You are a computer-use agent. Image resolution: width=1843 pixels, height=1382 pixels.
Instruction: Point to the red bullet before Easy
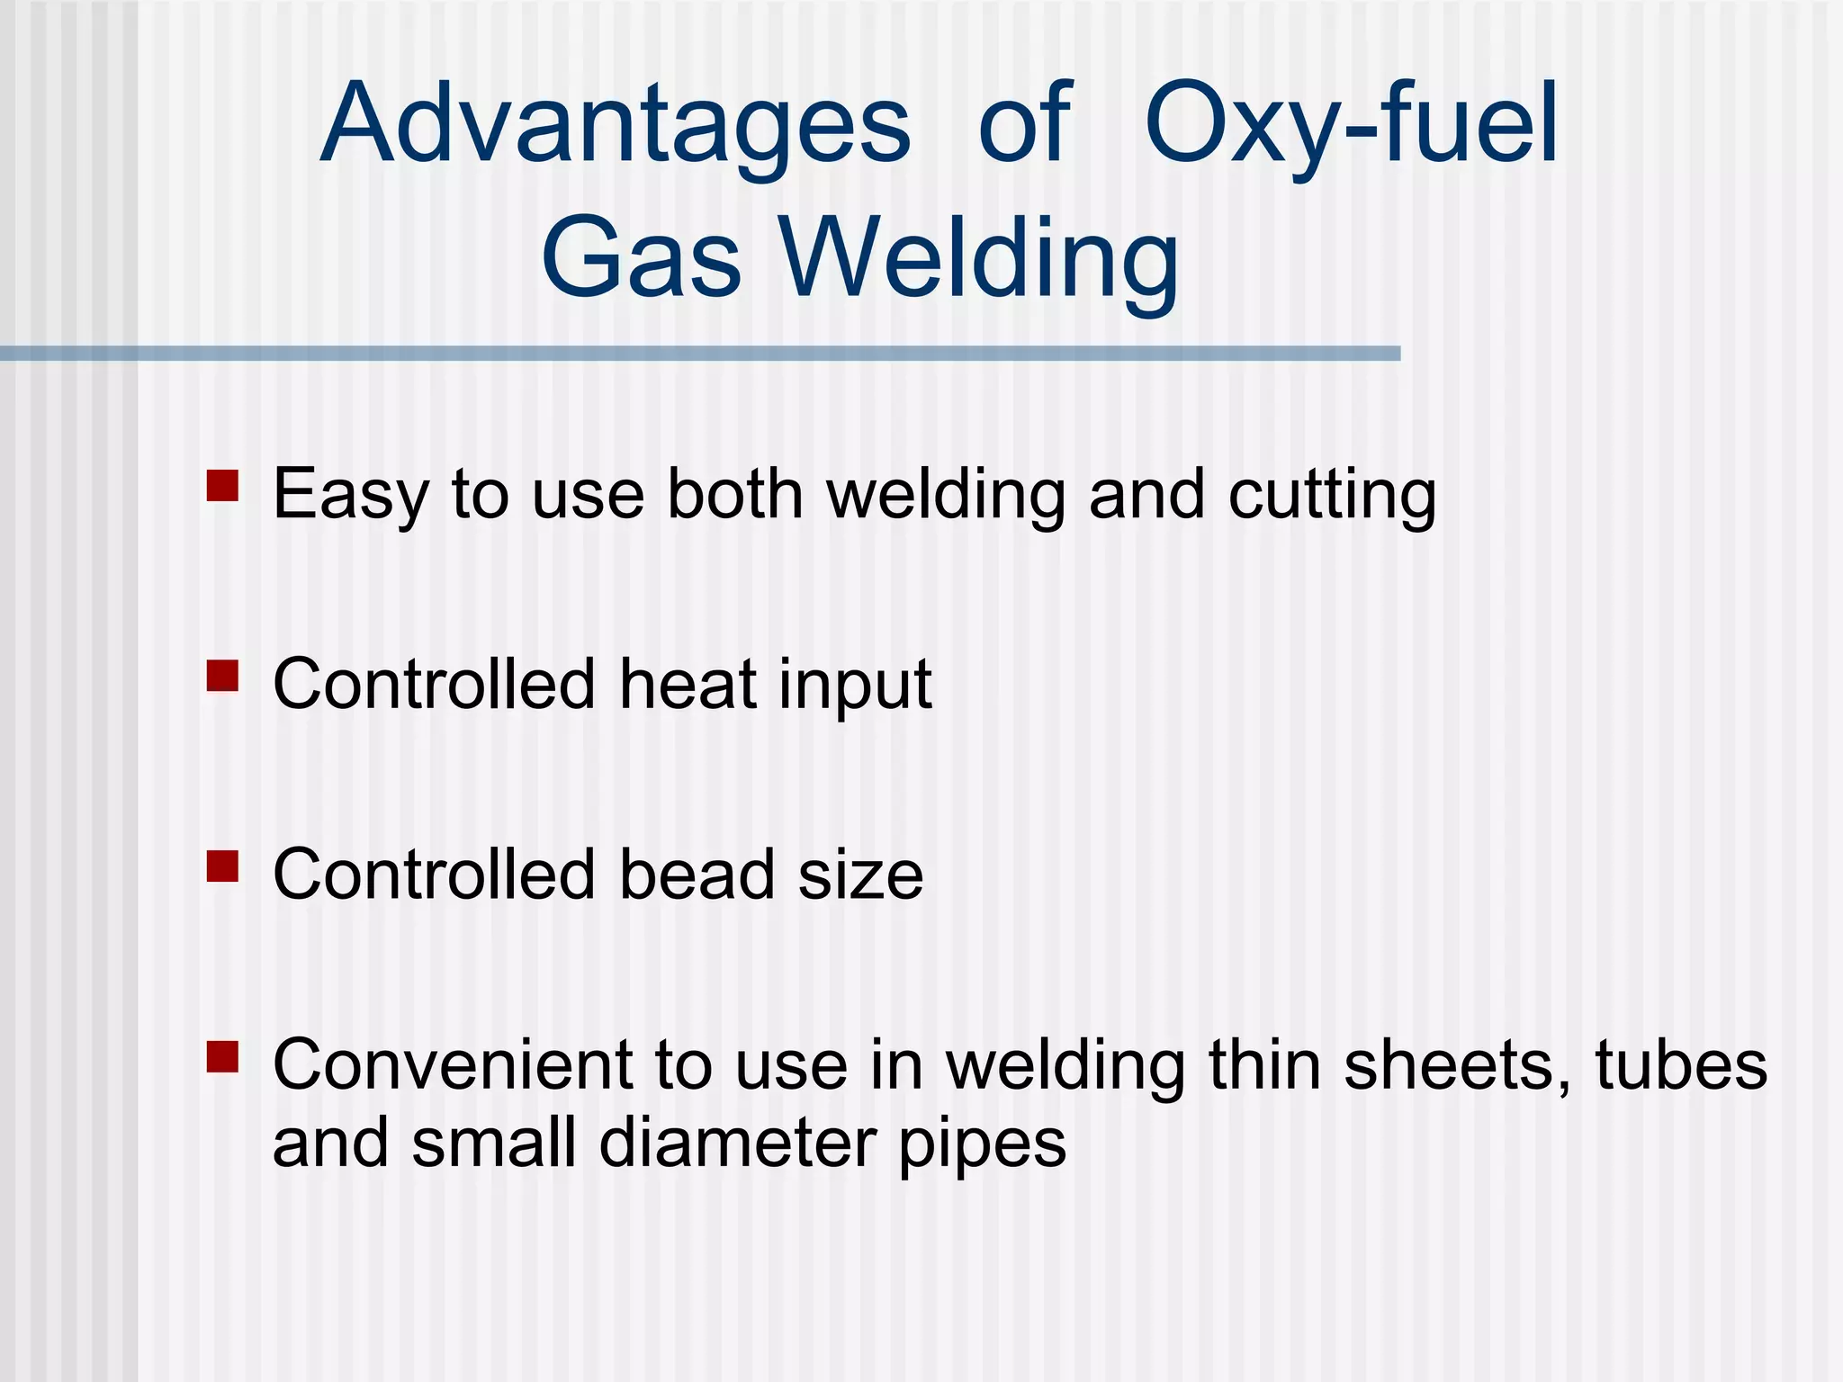pos(222,486)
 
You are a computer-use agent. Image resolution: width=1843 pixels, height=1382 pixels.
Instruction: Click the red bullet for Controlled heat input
pos(222,676)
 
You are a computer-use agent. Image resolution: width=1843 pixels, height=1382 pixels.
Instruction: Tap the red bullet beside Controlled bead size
pos(222,866)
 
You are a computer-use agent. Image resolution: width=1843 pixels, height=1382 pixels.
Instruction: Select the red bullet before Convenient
pos(222,1057)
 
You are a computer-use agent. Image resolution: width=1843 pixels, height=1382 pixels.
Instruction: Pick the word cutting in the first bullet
pos(1332,495)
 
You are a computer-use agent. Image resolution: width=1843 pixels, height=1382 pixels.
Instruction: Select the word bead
pos(697,875)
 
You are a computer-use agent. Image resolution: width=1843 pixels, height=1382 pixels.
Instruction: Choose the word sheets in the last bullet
pos(1458,1065)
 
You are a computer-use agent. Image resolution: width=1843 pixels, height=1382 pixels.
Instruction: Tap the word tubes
pos(1681,1065)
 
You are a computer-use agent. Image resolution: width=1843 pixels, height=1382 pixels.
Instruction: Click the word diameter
pos(737,1144)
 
